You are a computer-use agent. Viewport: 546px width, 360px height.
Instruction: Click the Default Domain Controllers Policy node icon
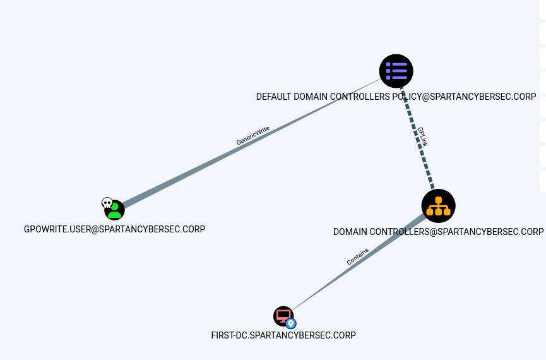[396, 71]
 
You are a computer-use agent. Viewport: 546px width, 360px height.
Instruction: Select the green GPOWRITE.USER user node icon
[115, 210]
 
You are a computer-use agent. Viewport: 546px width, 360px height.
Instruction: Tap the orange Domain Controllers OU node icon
[438, 206]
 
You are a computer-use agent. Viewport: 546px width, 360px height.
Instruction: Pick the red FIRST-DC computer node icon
[283, 316]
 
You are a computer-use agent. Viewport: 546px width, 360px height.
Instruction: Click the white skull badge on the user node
[107, 203]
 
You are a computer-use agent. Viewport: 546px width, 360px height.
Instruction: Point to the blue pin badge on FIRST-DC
[291, 323]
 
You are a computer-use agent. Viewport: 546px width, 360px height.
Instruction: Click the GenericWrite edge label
[253, 136]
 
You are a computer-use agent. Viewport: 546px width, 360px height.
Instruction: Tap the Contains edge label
[357, 256]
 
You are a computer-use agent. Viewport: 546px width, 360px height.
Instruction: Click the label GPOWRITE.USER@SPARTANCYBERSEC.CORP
[114, 229]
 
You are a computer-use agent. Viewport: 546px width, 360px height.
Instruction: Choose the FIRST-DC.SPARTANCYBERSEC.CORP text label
[283, 335]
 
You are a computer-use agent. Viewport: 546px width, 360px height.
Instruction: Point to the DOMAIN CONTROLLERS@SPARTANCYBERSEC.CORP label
[438, 232]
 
